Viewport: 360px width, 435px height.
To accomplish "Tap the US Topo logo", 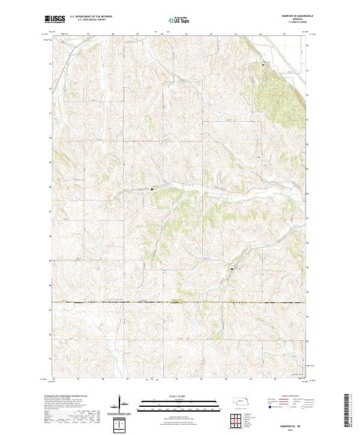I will point(174,20).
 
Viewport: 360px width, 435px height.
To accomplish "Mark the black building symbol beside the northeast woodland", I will point(262,64).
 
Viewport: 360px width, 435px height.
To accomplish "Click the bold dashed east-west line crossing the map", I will point(180,302).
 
